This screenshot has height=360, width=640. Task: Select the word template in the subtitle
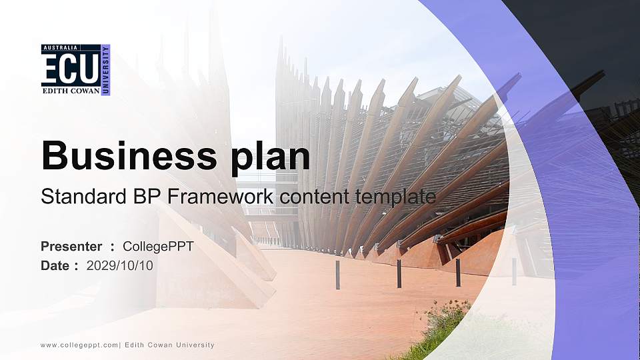(395, 197)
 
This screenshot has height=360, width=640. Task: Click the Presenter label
(71, 247)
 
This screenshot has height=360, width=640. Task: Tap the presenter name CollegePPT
(158, 247)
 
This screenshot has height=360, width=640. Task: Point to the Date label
(55, 266)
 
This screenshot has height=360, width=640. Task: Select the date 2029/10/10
(120, 266)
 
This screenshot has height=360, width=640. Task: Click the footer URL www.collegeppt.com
(79, 345)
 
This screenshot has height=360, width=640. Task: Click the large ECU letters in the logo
(70, 69)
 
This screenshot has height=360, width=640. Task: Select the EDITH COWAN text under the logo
(70, 90)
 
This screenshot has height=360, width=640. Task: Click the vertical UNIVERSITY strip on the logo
(105, 70)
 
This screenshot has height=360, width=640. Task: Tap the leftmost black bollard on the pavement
(338, 275)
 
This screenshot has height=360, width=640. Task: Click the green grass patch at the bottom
(440, 327)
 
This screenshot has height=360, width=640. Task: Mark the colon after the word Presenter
(112, 247)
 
